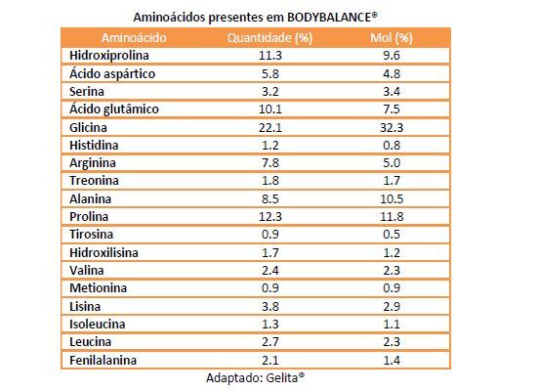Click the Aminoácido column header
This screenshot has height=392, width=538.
[134, 37]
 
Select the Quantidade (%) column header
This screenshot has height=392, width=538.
[269, 37]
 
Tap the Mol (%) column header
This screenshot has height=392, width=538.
[392, 37]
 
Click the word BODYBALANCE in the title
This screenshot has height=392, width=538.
[329, 18]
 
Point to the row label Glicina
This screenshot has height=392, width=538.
[88, 128]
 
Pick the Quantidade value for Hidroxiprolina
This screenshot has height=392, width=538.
[270, 56]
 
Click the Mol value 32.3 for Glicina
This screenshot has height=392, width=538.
[392, 128]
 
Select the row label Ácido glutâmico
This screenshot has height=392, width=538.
[114, 109]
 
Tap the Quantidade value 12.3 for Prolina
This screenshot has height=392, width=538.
[270, 217]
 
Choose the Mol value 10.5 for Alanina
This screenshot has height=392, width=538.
[392, 198]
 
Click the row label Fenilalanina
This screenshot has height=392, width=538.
[103, 361]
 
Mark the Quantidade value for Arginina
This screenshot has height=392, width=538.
[270, 163]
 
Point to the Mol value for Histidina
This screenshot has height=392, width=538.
[392, 145]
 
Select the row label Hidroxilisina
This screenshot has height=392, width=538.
[103, 253]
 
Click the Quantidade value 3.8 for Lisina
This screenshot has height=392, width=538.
[270, 306]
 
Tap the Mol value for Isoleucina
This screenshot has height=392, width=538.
[392, 324]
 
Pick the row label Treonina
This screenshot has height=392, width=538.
[94, 181]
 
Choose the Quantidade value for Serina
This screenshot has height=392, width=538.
[270, 92]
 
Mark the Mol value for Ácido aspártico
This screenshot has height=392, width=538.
[392, 74]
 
